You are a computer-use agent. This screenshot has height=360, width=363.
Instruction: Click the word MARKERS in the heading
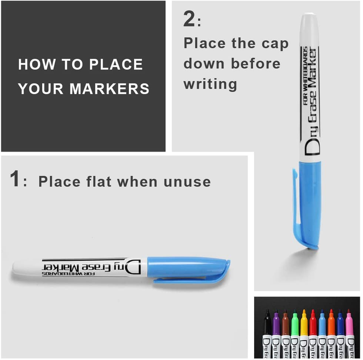(x=109, y=89)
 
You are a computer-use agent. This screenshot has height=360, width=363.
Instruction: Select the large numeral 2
(x=189, y=19)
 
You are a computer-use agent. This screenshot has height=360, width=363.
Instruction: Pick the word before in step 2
(x=255, y=63)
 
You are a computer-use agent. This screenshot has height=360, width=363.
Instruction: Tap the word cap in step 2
(x=275, y=44)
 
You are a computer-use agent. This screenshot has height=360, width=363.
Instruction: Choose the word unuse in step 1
(x=187, y=182)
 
